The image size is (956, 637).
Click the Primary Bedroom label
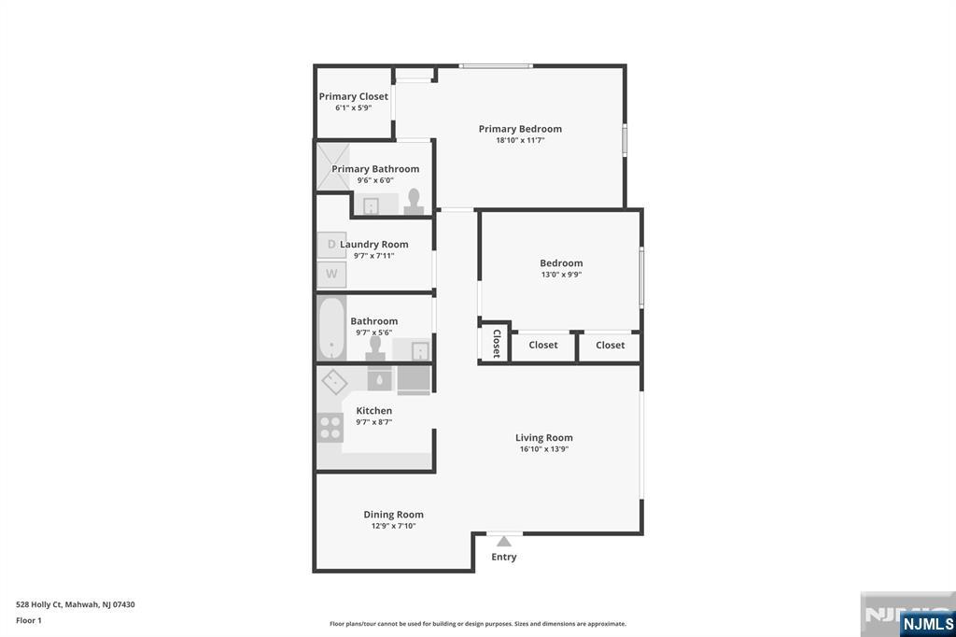click(520, 129)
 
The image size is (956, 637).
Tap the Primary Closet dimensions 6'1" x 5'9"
click(353, 107)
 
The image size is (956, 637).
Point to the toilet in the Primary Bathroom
click(414, 202)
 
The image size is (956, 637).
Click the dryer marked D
click(331, 245)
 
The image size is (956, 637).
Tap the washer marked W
click(331, 275)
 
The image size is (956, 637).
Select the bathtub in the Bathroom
click(331, 329)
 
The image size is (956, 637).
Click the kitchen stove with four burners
click(331, 427)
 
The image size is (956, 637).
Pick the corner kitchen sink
click(334, 381)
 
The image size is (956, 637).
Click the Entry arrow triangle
click(504, 541)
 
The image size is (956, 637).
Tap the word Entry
click(504, 557)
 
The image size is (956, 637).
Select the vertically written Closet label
click(496, 344)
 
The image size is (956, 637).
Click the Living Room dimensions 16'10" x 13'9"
click(544, 449)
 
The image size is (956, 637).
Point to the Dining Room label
click(393, 515)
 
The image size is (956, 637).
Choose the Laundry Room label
click(373, 245)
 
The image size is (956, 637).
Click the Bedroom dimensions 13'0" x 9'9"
click(561, 275)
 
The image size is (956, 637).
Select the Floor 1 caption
click(29, 620)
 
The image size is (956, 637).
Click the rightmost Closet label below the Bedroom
click(610, 346)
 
